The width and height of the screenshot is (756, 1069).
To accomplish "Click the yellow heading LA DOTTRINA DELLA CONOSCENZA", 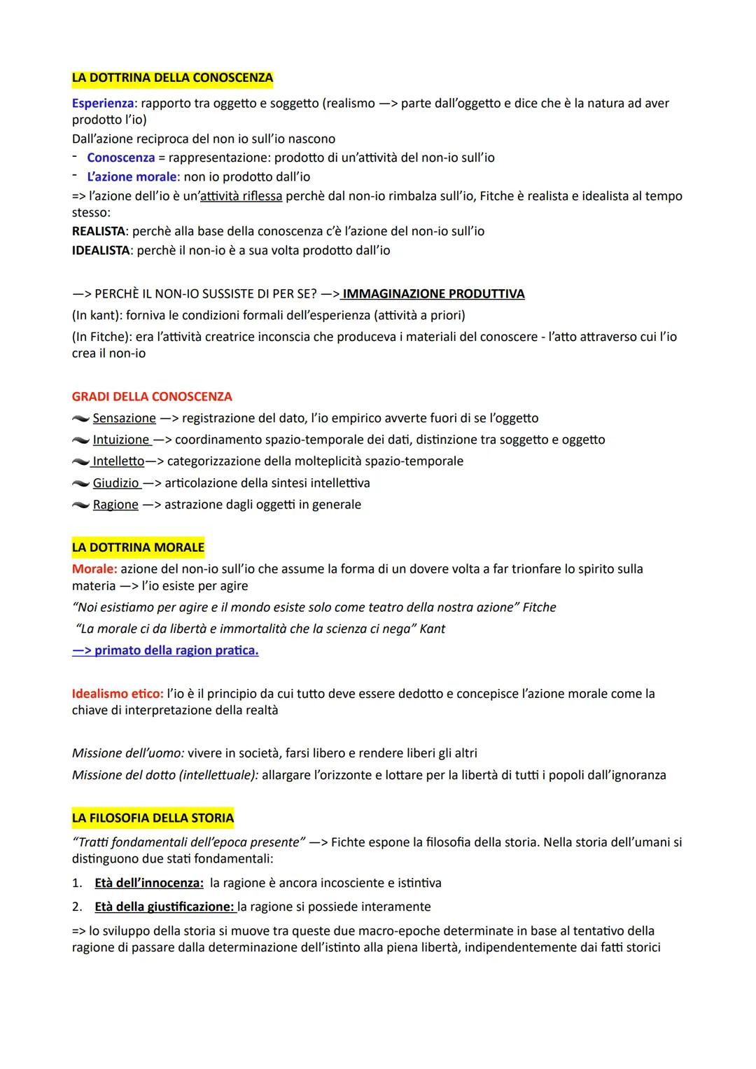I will click(172, 78).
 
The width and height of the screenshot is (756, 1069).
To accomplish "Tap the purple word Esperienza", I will click(102, 104).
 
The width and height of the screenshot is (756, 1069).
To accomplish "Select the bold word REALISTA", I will click(98, 231).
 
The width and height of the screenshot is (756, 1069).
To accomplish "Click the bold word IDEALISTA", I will click(101, 250).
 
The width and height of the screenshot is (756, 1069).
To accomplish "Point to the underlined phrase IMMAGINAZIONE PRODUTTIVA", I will click(433, 294).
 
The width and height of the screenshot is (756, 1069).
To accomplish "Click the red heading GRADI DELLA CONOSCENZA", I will click(152, 396).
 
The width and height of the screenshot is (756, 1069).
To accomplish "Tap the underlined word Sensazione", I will click(124, 418).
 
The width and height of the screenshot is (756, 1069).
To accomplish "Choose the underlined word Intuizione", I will click(121, 440).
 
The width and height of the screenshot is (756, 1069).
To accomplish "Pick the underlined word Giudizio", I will click(116, 483).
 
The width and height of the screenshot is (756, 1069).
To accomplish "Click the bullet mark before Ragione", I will click(80, 505).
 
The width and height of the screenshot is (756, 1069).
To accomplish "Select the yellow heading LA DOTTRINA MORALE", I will click(138, 547).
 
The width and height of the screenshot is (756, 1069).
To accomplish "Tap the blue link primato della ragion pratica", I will click(165, 650).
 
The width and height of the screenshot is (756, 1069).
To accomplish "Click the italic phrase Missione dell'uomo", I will click(127, 753).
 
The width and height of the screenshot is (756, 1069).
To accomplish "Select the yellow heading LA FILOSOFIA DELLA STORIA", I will click(153, 818).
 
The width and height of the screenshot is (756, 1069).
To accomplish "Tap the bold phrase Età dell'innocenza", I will click(148, 883).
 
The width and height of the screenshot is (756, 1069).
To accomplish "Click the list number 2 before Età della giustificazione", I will click(77, 907).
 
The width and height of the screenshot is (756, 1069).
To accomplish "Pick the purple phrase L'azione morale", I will click(131, 177).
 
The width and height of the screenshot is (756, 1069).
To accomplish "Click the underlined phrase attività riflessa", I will click(241, 196).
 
